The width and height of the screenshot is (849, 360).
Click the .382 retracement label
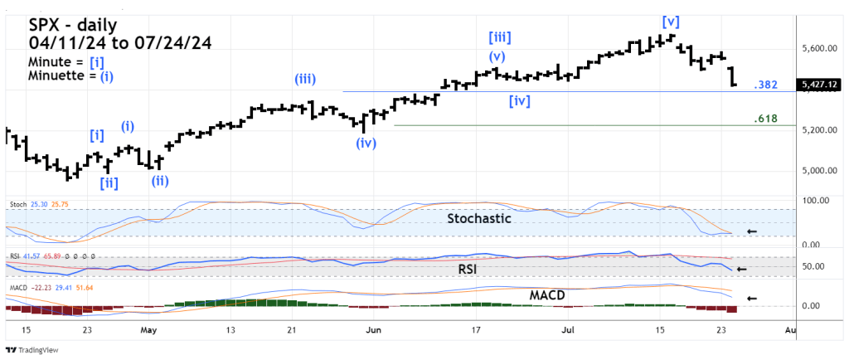pos(765,85)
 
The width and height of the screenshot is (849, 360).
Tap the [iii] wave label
pos(499,37)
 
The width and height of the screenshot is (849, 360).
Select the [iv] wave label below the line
pos(520,101)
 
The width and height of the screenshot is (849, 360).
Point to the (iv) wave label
pos(366,143)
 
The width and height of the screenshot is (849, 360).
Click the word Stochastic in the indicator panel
pos(478,219)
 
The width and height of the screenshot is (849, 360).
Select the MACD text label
pos(547,294)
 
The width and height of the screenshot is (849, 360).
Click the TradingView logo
pos(32,349)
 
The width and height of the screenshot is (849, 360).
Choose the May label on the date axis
pos(148,329)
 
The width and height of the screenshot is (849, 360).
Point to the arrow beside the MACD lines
pos(752,298)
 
